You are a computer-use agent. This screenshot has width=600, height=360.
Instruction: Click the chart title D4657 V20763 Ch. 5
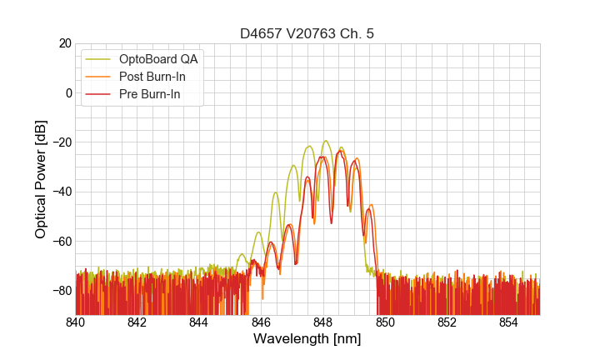point(307,33)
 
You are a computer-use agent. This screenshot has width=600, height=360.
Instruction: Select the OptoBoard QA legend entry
point(158,59)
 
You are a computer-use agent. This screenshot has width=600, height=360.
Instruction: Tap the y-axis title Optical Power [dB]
point(41,179)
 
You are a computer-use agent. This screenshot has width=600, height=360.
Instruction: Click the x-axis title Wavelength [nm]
point(307,339)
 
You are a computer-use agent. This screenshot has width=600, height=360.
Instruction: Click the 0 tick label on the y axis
point(67,92)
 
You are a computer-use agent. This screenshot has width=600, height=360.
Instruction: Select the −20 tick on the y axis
point(60,142)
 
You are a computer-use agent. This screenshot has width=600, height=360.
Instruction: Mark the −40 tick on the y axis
point(60,192)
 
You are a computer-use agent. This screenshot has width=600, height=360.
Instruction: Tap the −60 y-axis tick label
point(60,241)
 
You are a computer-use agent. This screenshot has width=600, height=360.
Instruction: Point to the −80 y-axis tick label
point(60,290)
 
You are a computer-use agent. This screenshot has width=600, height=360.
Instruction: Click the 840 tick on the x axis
point(76,322)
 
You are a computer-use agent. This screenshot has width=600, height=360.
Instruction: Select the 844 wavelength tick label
point(199,322)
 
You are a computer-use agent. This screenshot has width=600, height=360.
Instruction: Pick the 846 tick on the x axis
point(261,322)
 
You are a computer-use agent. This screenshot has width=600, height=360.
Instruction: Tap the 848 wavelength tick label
point(323,322)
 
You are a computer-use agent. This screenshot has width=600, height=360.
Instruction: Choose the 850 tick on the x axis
point(385,322)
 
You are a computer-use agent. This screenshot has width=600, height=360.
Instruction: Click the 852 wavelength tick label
point(447,322)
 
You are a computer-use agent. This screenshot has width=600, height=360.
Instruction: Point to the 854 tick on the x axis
point(508,322)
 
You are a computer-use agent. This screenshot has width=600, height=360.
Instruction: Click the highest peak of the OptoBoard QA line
point(325,141)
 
